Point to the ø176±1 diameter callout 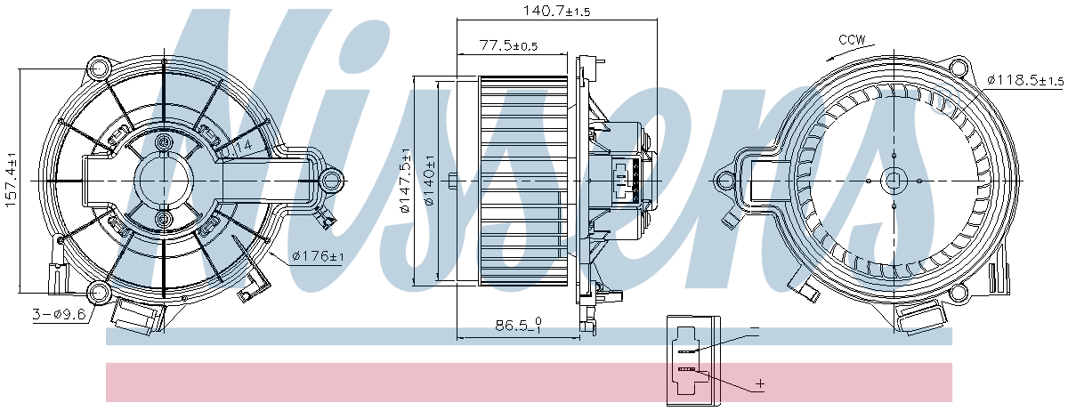tap(318, 257)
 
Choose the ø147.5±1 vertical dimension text tap(405, 181)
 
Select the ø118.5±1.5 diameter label tap(1024, 80)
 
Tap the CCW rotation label tap(853, 40)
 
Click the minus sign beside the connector tap(754, 330)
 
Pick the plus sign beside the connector tap(759, 384)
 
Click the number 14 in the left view tap(243, 144)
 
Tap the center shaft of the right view tap(893, 181)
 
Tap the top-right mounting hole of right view tap(958, 67)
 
